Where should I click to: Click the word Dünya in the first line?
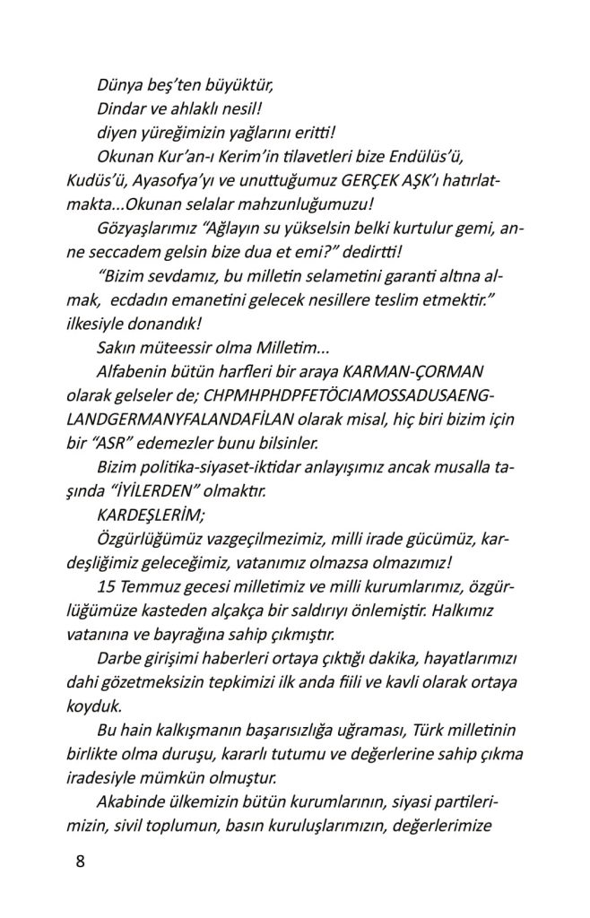point(120,86)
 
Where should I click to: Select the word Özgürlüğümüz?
point(149,538)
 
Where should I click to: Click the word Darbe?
point(118,656)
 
